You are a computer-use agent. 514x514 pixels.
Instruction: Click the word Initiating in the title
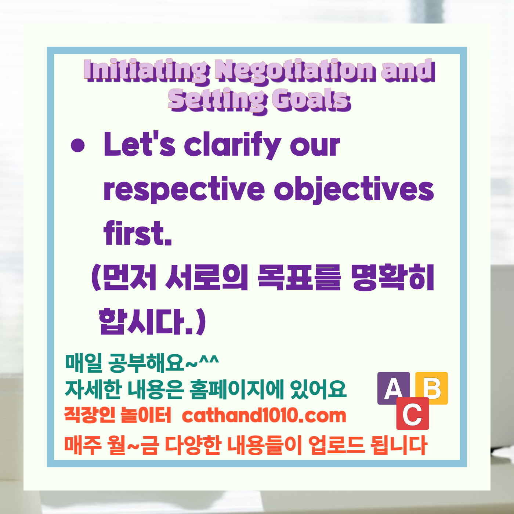click(x=146, y=70)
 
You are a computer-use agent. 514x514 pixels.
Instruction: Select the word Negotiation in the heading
click(x=295, y=70)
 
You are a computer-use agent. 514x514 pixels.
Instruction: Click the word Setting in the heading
click(x=217, y=100)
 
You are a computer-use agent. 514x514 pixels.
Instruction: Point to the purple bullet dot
click(x=78, y=146)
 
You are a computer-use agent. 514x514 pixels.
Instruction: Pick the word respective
click(x=184, y=190)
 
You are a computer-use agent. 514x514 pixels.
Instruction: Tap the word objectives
click(x=354, y=190)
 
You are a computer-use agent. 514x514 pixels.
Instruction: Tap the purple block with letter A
click(x=394, y=388)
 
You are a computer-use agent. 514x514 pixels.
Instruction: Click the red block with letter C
click(x=412, y=414)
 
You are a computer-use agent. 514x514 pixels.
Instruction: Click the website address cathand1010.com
click(x=264, y=415)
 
